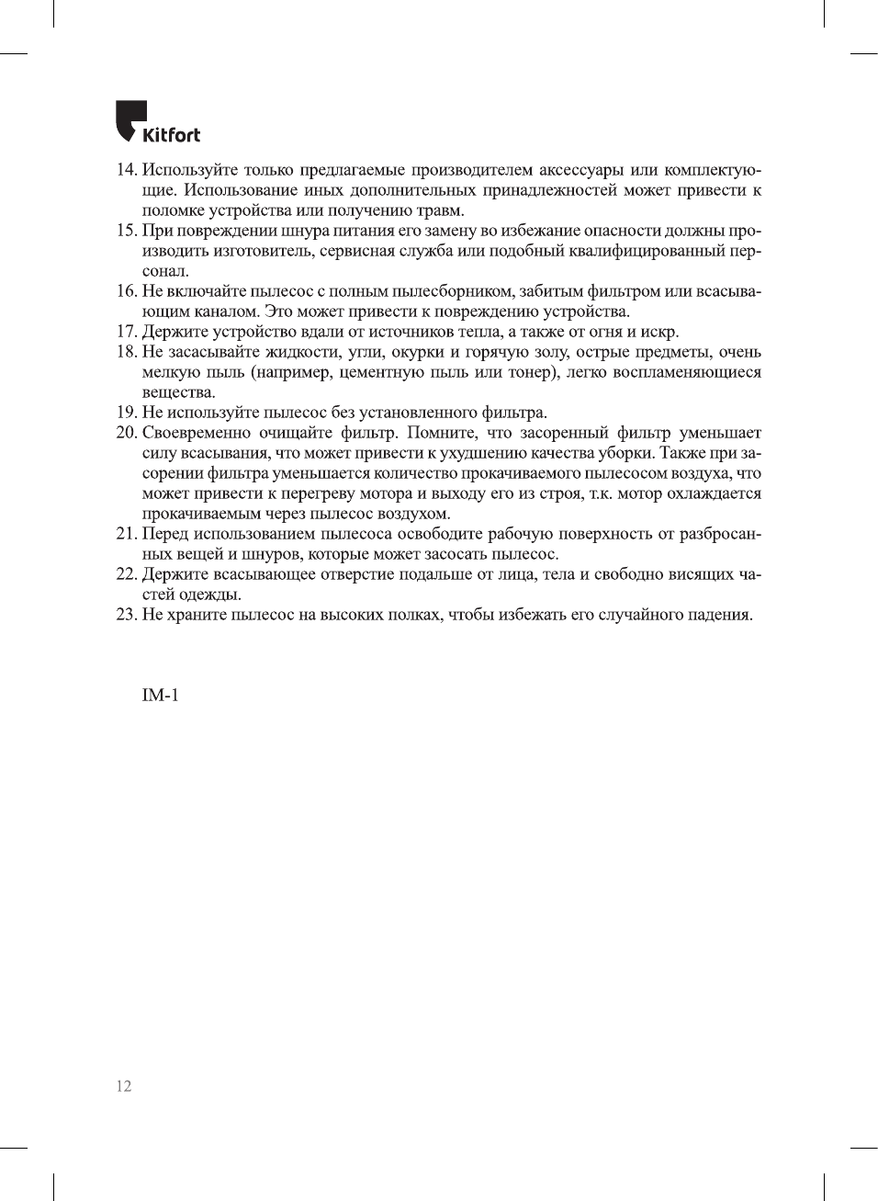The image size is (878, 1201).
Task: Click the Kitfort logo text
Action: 171,135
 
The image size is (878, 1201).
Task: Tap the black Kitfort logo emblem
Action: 129,119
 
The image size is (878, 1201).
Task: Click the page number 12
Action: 124,1086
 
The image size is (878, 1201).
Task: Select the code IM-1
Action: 160,696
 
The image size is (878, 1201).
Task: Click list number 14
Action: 127,170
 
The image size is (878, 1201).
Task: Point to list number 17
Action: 127,332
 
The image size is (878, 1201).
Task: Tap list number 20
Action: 127,433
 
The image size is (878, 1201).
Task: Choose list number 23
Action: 127,615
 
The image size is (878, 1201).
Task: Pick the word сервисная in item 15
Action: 359,251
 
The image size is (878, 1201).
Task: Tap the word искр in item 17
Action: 659,332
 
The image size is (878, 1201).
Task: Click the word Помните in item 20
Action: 443,433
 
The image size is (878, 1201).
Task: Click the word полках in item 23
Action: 415,615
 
